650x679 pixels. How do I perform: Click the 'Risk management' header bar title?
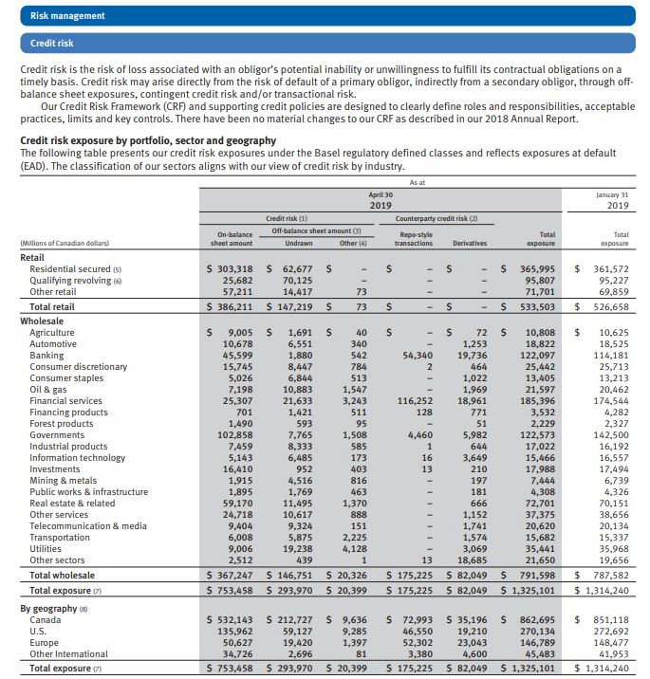click(x=67, y=16)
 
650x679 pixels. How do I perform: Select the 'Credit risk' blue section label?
click(x=53, y=44)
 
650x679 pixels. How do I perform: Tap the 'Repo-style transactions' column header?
click(x=413, y=238)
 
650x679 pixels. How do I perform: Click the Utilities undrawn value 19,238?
click(x=291, y=547)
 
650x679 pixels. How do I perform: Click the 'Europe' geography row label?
click(x=45, y=642)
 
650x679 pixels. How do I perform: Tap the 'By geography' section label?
click(x=48, y=608)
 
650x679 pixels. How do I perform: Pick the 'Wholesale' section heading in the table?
click(x=43, y=321)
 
